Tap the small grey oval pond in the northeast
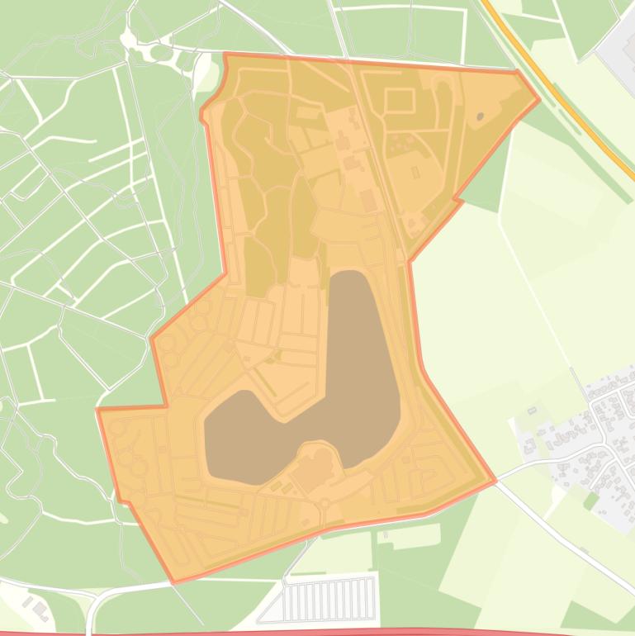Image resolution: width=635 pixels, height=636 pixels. point(480,116)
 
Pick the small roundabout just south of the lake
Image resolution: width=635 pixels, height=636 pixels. point(325,503)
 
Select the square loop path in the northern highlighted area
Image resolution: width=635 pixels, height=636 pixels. point(399,101)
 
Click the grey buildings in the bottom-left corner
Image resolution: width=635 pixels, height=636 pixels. point(36,609)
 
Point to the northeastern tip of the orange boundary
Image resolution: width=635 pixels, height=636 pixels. point(538,100)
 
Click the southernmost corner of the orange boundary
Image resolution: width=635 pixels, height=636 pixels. point(173,581)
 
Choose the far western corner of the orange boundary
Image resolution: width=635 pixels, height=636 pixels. point(98,410)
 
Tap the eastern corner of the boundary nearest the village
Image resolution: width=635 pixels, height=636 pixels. point(495,480)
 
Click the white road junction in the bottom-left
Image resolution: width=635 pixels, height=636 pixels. point(93,607)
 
